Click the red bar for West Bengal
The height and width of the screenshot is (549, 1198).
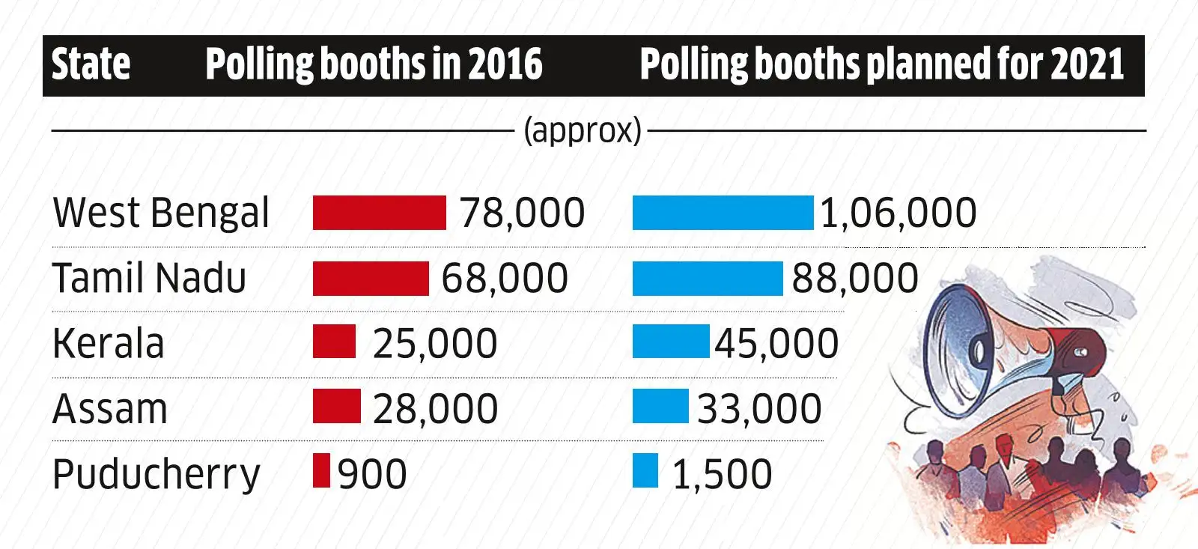[x=379, y=213]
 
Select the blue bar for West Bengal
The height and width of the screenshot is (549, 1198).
[x=723, y=213]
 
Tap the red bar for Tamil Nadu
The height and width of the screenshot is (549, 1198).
[x=371, y=278]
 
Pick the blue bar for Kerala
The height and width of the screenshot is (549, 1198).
[x=670, y=342]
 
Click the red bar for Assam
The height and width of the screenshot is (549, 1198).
[x=336, y=406]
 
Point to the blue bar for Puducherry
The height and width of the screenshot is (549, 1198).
[x=645, y=471]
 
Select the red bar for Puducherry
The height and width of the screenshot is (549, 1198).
[x=321, y=471]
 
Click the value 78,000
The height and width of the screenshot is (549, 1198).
[x=522, y=213]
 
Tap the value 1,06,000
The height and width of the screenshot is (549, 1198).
[x=898, y=213]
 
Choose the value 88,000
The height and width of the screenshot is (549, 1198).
[x=854, y=278]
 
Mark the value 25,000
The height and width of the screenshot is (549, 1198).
[x=434, y=343]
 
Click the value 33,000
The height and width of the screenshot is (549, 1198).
[x=758, y=408]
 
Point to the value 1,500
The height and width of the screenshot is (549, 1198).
[x=722, y=474]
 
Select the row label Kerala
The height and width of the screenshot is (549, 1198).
[x=109, y=343]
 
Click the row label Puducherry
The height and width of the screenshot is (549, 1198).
[x=156, y=474]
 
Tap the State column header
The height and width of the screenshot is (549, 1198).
[x=91, y=64]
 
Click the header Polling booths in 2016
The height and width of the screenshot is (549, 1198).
[x=373, y=64]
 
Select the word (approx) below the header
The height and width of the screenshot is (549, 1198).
[x=582, y=130]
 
